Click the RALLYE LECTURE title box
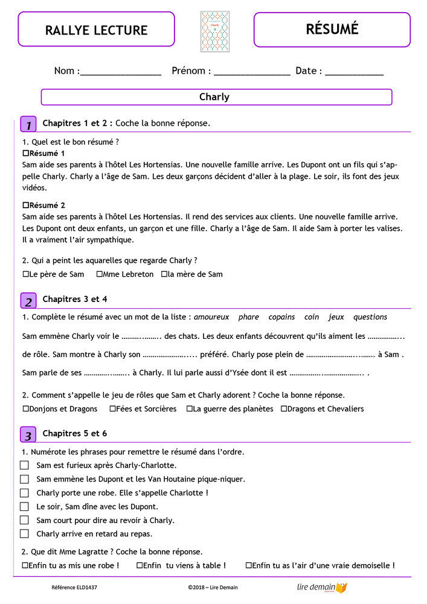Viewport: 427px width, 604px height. [96, 30]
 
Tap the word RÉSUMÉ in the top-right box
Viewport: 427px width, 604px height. [332, 28]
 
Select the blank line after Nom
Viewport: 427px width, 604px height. [120, 72]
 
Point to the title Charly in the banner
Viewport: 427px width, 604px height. [214, 97]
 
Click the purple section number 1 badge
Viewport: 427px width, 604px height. [28, 124]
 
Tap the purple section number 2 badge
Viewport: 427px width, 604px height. [28, 301]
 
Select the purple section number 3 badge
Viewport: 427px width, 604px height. [28, 435]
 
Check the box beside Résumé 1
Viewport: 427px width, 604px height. [25, 153]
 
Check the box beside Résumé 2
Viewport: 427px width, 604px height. [25, 205]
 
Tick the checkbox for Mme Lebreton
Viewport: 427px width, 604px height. [99, 274]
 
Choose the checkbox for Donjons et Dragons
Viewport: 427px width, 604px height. [25, 409]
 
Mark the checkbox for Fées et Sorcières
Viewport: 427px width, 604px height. [112, 409]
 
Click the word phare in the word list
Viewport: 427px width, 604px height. [248, 317]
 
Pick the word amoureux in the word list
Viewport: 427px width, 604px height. [211, 317]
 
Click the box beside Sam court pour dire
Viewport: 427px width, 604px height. [24, 520]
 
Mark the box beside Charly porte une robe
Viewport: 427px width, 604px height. [24, 493]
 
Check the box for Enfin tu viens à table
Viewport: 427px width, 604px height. [140, 566]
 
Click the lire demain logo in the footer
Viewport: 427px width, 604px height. [323, 587]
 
